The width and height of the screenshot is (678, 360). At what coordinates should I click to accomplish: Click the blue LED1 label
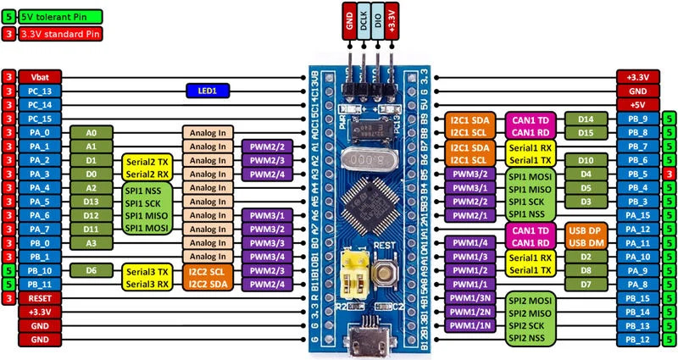tap(202, 90)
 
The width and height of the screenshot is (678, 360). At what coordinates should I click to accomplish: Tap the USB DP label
tap(584, 230)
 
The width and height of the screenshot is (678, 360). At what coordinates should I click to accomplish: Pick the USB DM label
tap(584, 243)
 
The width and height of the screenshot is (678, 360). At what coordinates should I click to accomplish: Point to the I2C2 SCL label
tap(207, 271)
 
